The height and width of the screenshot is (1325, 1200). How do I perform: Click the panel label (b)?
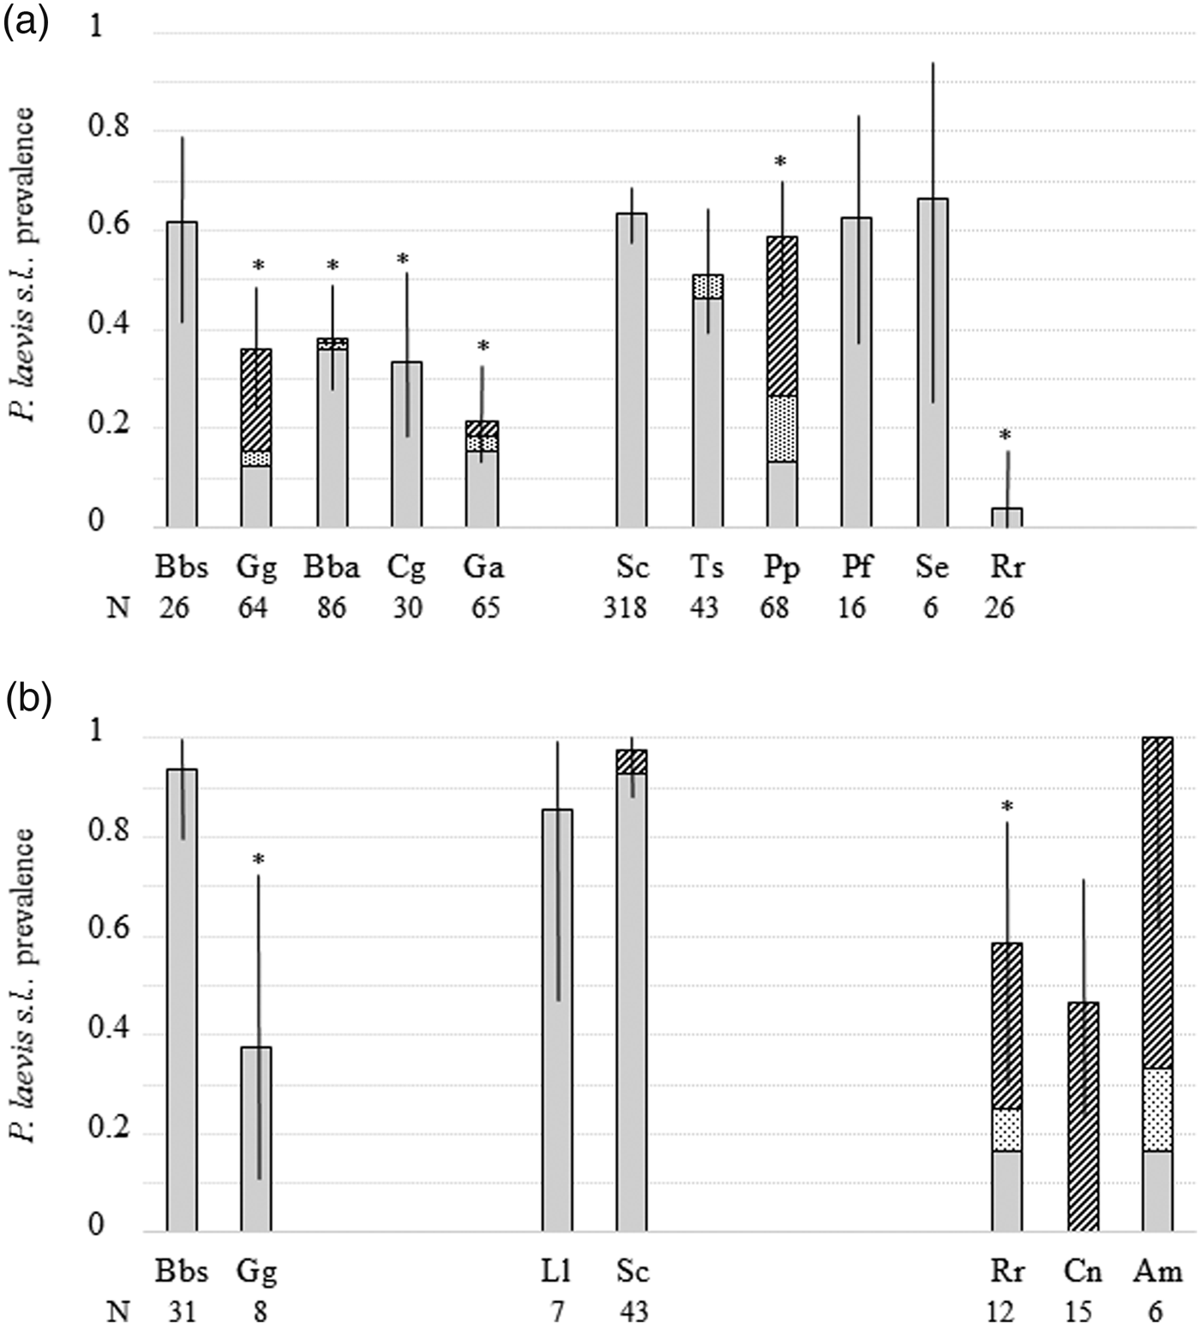pos(26,701)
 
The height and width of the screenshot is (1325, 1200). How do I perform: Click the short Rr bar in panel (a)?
pos(1006,518)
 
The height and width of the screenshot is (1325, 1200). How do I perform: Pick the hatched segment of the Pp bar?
pos(782,316)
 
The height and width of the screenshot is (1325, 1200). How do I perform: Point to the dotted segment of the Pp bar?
pos(782,429)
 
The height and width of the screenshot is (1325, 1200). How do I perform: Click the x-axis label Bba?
pos(332,567)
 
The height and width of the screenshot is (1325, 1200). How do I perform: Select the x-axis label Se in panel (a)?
pos(932,567)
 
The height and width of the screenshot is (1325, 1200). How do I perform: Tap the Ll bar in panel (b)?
pos(557,1020)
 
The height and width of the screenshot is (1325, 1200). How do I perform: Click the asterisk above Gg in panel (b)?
pos(258,860)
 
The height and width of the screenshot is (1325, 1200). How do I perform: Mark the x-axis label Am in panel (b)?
pos(1157,1271)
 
